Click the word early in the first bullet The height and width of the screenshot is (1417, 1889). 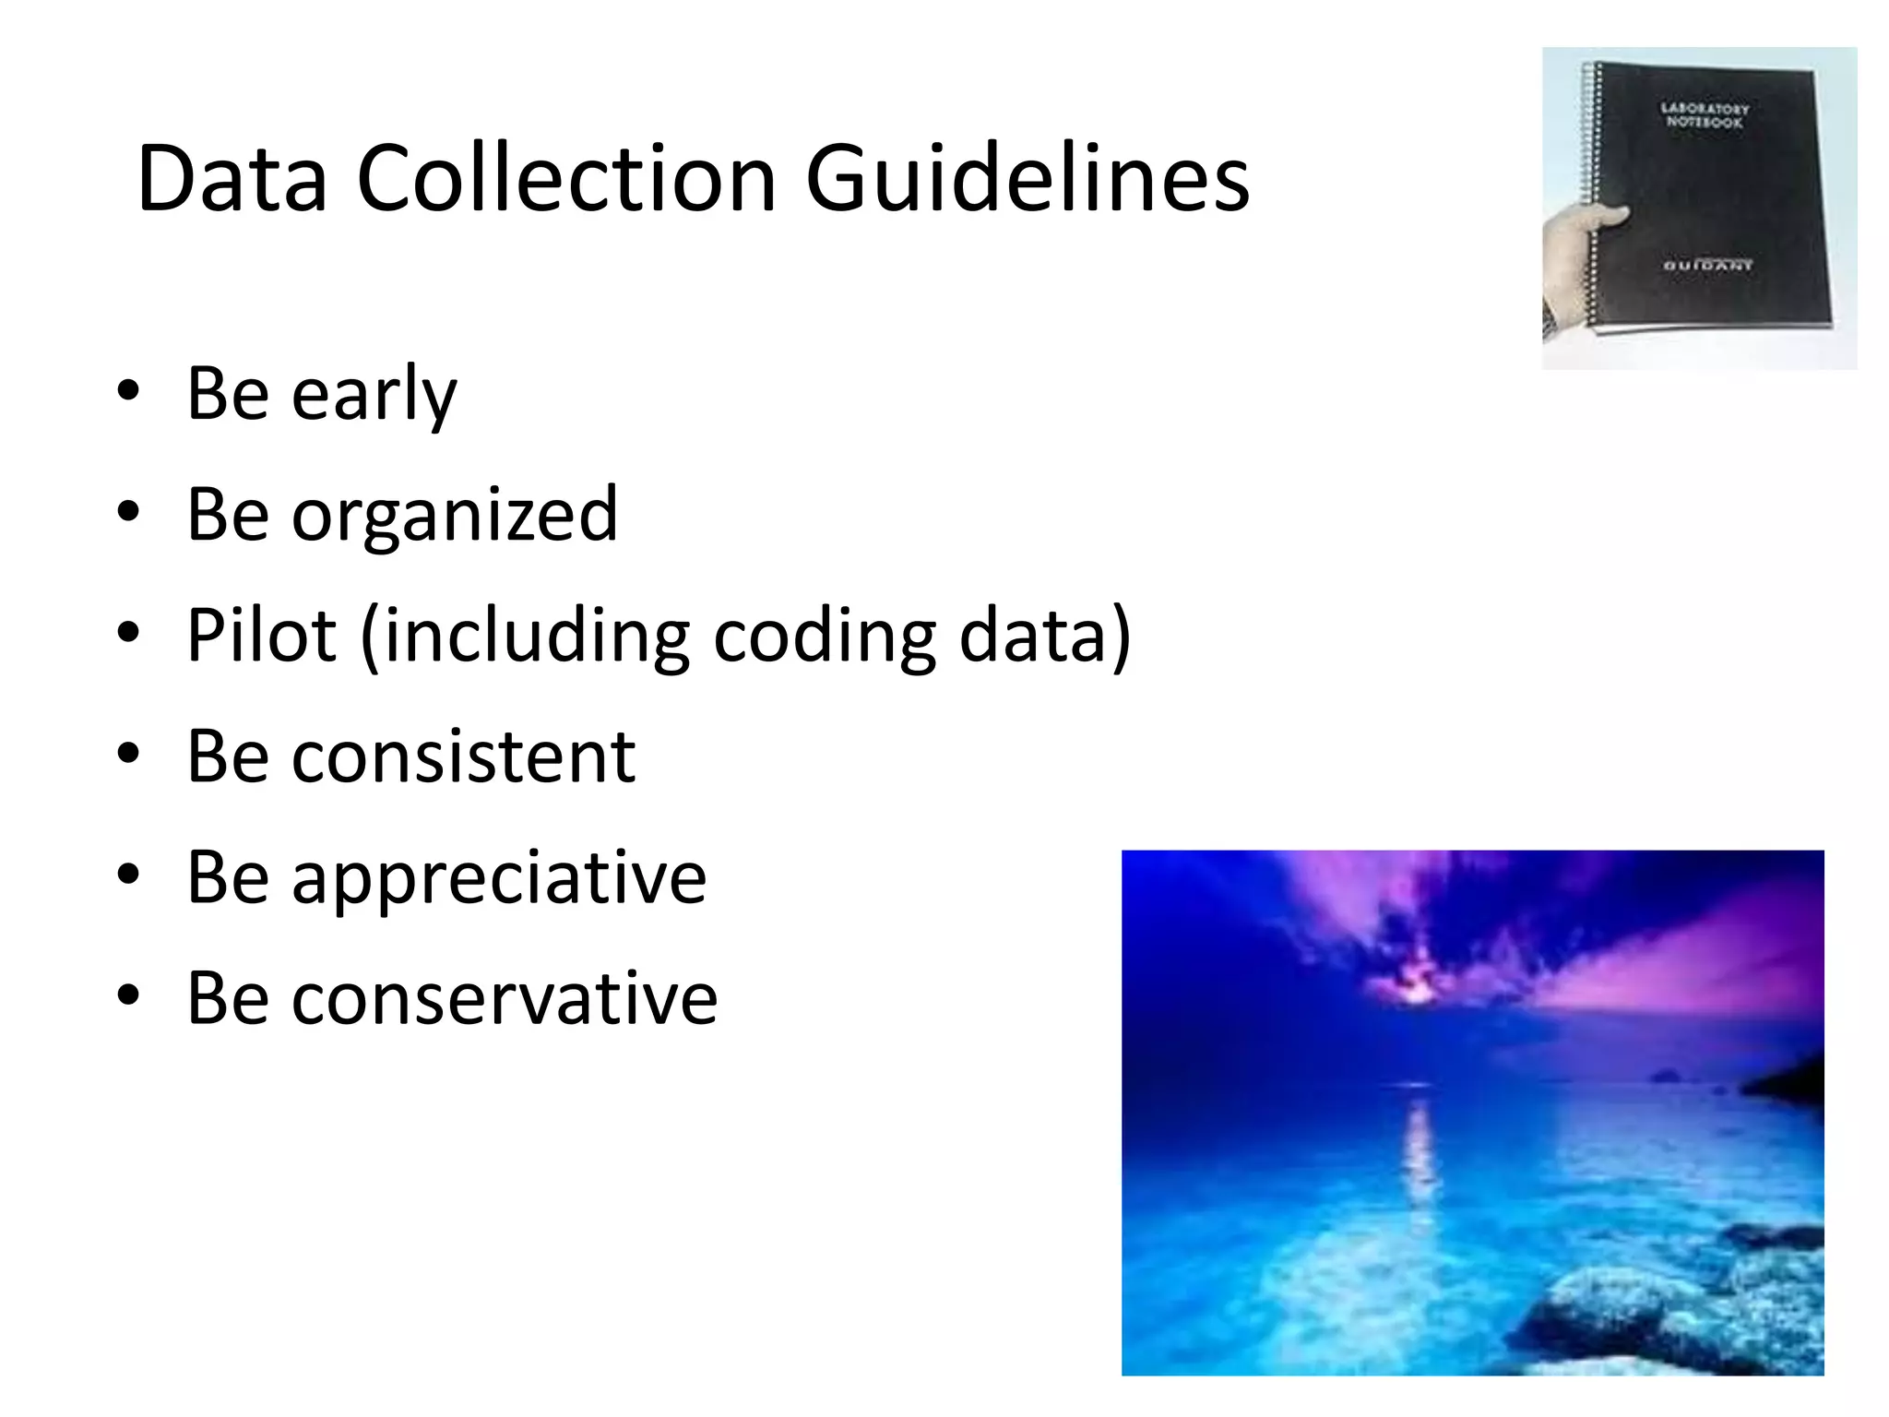374,395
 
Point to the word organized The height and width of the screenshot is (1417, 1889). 454,516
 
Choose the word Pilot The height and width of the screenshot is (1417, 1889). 261,636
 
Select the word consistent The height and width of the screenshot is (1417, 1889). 463,756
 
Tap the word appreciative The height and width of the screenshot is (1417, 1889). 499,877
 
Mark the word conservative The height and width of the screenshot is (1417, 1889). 505,998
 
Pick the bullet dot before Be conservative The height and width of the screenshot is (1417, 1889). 128,994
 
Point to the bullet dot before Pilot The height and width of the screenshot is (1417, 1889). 128,632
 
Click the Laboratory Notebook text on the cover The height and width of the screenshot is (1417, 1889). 1705,115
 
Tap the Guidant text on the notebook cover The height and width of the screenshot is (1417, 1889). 1708,266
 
